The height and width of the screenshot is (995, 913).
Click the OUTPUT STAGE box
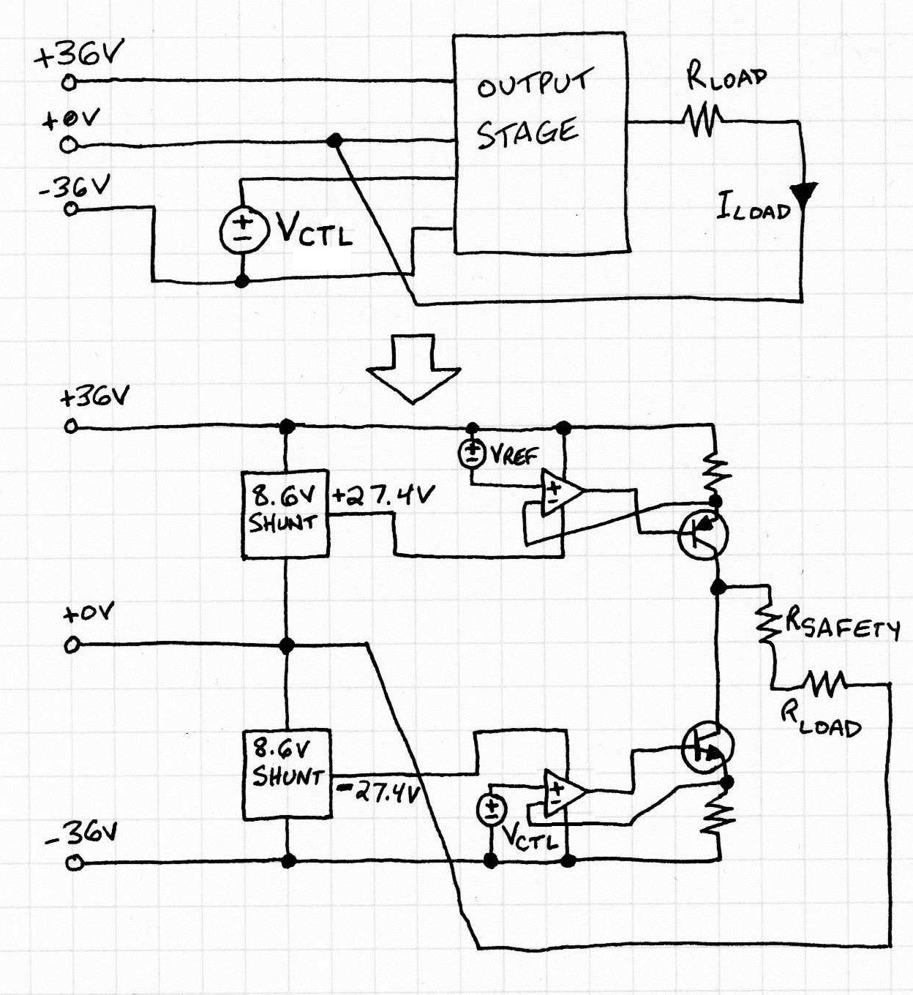pyautogui.click(x=540, y=143)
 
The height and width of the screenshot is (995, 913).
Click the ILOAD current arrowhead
pyautogui.click(x=803, y=194)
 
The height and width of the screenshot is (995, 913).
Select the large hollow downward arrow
pyautogui.click(x=413, y=368)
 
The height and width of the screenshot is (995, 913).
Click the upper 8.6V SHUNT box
pyautogui.click(x=285, y=515)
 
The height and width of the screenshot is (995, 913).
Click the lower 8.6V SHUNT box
pyautogui.click(x=286, y=774)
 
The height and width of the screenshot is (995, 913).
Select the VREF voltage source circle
pyautogui.click(x=472, y=454)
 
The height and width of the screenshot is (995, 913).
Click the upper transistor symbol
pyautogui.click(x=702, y=535)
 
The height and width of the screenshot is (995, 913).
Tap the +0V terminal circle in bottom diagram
pyautogui.click(x=71, y=645)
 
